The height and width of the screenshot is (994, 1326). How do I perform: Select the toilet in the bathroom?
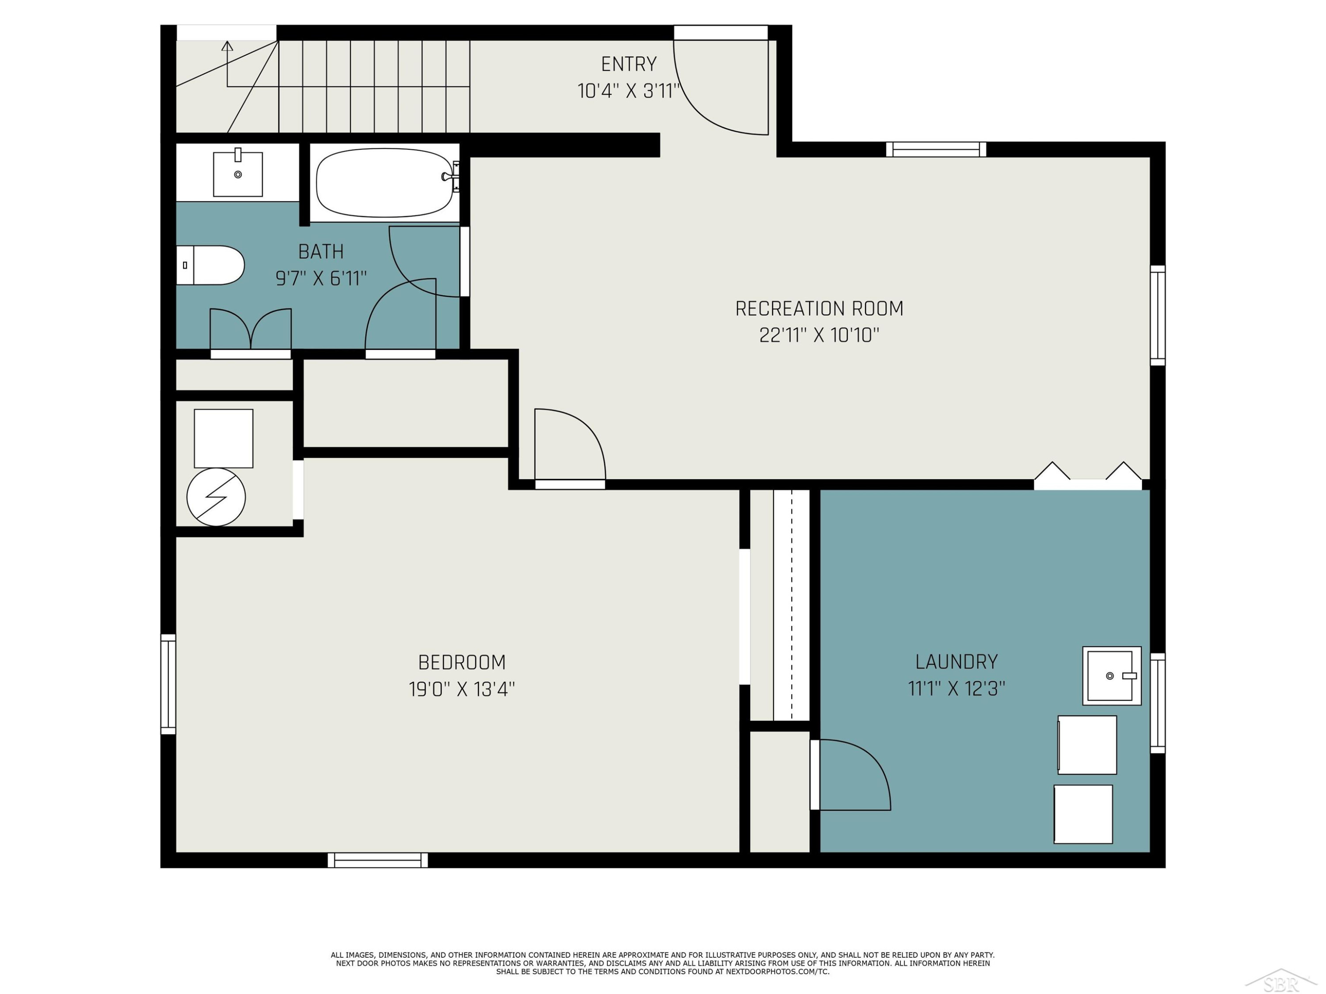click(210, 265)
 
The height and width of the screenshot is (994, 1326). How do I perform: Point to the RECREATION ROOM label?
click(819, 308)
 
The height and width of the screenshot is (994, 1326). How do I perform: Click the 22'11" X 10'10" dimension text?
click(819, 335)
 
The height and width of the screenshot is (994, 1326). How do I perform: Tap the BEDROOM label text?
click(461, 662)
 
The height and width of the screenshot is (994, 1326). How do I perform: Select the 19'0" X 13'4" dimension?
click(461, 689)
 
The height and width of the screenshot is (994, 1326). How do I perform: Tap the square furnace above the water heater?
click(224, 439)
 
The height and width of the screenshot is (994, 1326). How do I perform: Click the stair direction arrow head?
click(227, 46)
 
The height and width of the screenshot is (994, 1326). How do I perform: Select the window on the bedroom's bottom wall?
click(377, 861)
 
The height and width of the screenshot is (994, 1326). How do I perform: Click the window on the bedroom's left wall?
click(168, 684)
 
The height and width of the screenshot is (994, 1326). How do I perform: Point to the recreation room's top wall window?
click(936, 149)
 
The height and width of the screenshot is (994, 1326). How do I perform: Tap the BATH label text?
click(321, 252)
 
